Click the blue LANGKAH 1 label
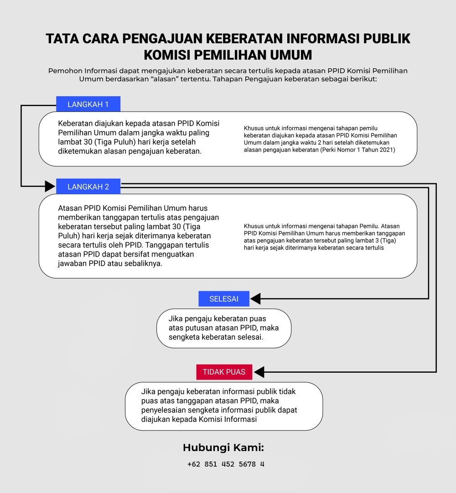[x=88, y=104]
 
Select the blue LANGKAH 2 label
[x=88, y=187]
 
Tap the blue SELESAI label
[x=224, y=299]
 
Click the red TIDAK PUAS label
[x=224, y=372]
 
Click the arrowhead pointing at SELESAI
[x=256, y=299]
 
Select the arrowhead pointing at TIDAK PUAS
[x=259, y=372]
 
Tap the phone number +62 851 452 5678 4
[x=226, y=464]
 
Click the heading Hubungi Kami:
[x=223, y=447]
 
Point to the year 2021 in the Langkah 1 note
[x=387, y=149]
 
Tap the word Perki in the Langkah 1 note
[x=329, y=149]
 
